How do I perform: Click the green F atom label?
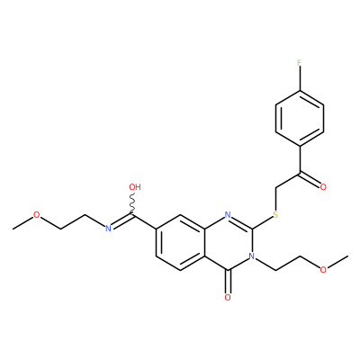(299, 63)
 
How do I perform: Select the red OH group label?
(135, 187)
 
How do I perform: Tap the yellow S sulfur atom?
(275, 215)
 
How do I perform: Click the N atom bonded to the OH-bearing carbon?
(108, 229)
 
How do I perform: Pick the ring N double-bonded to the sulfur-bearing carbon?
(228, 215)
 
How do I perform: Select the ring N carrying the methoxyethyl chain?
(252, 256)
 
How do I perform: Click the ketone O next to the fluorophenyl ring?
(323, 187)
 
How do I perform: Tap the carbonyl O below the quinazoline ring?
(228, 298)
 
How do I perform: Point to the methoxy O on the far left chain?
(36, 215)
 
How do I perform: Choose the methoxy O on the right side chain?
(323, 270)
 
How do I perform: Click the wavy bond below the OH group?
(132, 204)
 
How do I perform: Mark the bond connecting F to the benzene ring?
(300, 78)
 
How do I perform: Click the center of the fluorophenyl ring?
(300, 118)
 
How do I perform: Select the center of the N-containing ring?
(228, 242)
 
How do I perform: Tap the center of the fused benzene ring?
(180, 242)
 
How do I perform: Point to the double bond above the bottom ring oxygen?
(228, 282)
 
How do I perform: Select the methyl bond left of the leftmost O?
(22, 222)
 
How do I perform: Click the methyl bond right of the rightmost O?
(337, 262)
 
